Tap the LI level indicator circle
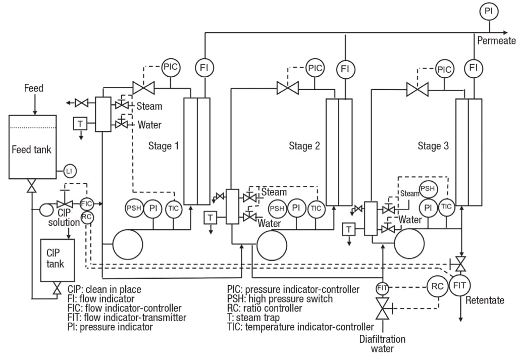click(x=69, y=172)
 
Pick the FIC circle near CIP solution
click(x=86, y=203)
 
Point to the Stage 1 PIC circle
click(x=171, y=66)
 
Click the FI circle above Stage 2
click(x=345, y=68)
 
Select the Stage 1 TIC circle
click(x=173, y=209)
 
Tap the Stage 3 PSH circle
click(x=428, y=189)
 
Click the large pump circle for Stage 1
click(x=128, y=245)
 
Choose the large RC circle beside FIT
click(x=437, y=286)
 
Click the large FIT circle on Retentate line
click(x=459, y=286)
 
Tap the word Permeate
click(x=496, y=41)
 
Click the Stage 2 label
click(x=304, y=146)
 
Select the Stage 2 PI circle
click(x=296, y=208)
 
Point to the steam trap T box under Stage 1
click(x=80, y=123)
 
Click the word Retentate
click(x=485, y=300)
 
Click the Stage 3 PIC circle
click(x=445, y=69)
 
